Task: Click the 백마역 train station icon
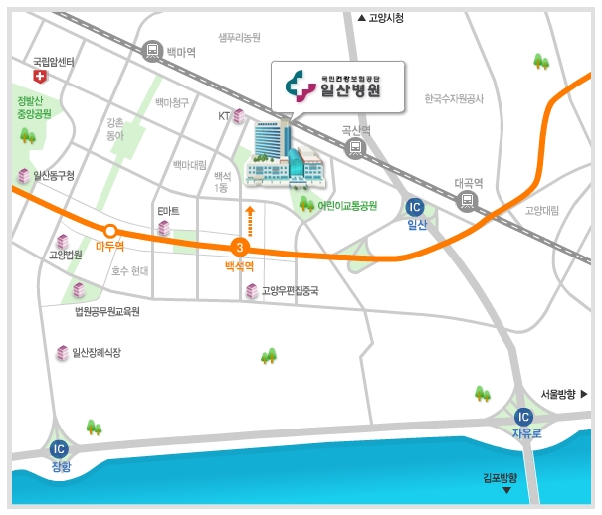point(152,49)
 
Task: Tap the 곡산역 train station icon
point(354,148)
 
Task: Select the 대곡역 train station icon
point(467,200)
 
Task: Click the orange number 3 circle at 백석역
point(239,248)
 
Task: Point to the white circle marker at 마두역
point(111,231)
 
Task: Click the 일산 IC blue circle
point(416,207)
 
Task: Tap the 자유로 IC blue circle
point(524,417)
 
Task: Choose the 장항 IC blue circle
point(59,448)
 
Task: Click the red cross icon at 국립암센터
point(40,76)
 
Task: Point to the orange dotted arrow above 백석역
point(250,223)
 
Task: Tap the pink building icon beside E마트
point(164,229)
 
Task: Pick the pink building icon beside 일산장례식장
point(63,353)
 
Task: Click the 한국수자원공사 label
point(453,98)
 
